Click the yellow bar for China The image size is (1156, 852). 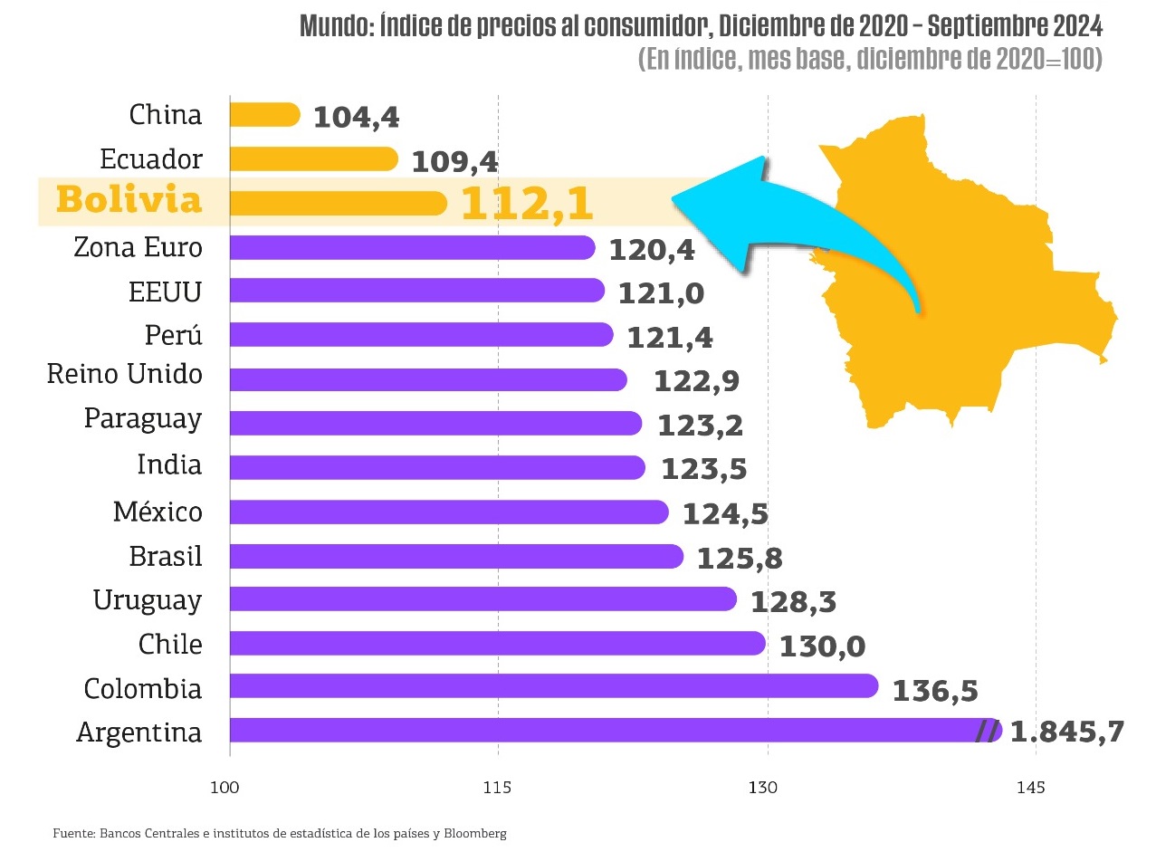(264, 114)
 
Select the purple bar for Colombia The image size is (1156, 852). (553, 685)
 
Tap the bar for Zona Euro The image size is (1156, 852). (412, 247)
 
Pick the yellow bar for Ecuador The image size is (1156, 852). (313, 159)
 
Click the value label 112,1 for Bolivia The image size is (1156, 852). (527, 204)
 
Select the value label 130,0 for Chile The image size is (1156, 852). (822, 646)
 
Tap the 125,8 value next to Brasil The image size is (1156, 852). (739, 558)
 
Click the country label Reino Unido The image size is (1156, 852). (125, 374)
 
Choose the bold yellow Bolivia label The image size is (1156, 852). (129, 200)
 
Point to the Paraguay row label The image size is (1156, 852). (143, 419)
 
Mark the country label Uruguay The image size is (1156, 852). (148, 599)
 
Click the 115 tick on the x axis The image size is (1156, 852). (498, 788)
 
